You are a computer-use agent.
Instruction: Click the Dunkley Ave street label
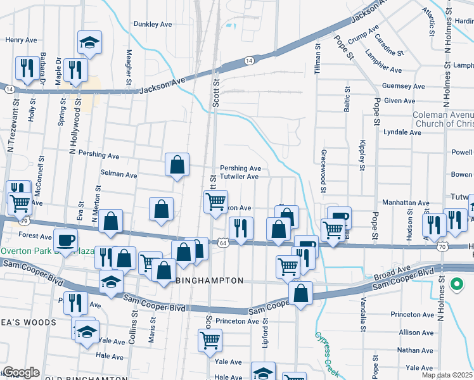click(153, 24)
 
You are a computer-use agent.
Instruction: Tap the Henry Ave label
click(22, 39)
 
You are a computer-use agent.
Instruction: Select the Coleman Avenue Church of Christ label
click(443, 119)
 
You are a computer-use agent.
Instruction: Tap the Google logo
click(21, 372)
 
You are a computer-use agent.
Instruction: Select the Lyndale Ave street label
click(402, 132)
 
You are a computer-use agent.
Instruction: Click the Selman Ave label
click(118, 175)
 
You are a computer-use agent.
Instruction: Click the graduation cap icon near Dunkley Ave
click(89, 43)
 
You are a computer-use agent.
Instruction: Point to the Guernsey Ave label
click(403, 86)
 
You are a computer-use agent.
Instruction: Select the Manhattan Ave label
click(406, 203)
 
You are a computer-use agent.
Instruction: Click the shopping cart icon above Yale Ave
click(210, 341)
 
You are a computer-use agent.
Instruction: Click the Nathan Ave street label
click(416, 350)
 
